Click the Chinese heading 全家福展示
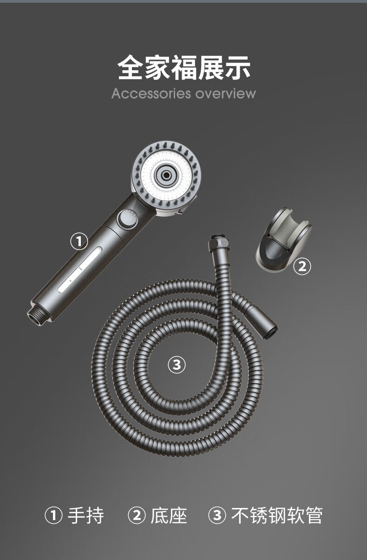click(184, 67)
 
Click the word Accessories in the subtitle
click(151, 93)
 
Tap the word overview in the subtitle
click(226, 93)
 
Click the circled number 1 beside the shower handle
click(79, 241)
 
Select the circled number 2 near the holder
click(302, 266)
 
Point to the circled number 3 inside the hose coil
click(177, 365)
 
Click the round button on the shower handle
click(128, 219)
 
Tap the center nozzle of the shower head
click(165, 175)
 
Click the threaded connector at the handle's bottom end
click(38, 314)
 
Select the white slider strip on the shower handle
click(80, 269)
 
